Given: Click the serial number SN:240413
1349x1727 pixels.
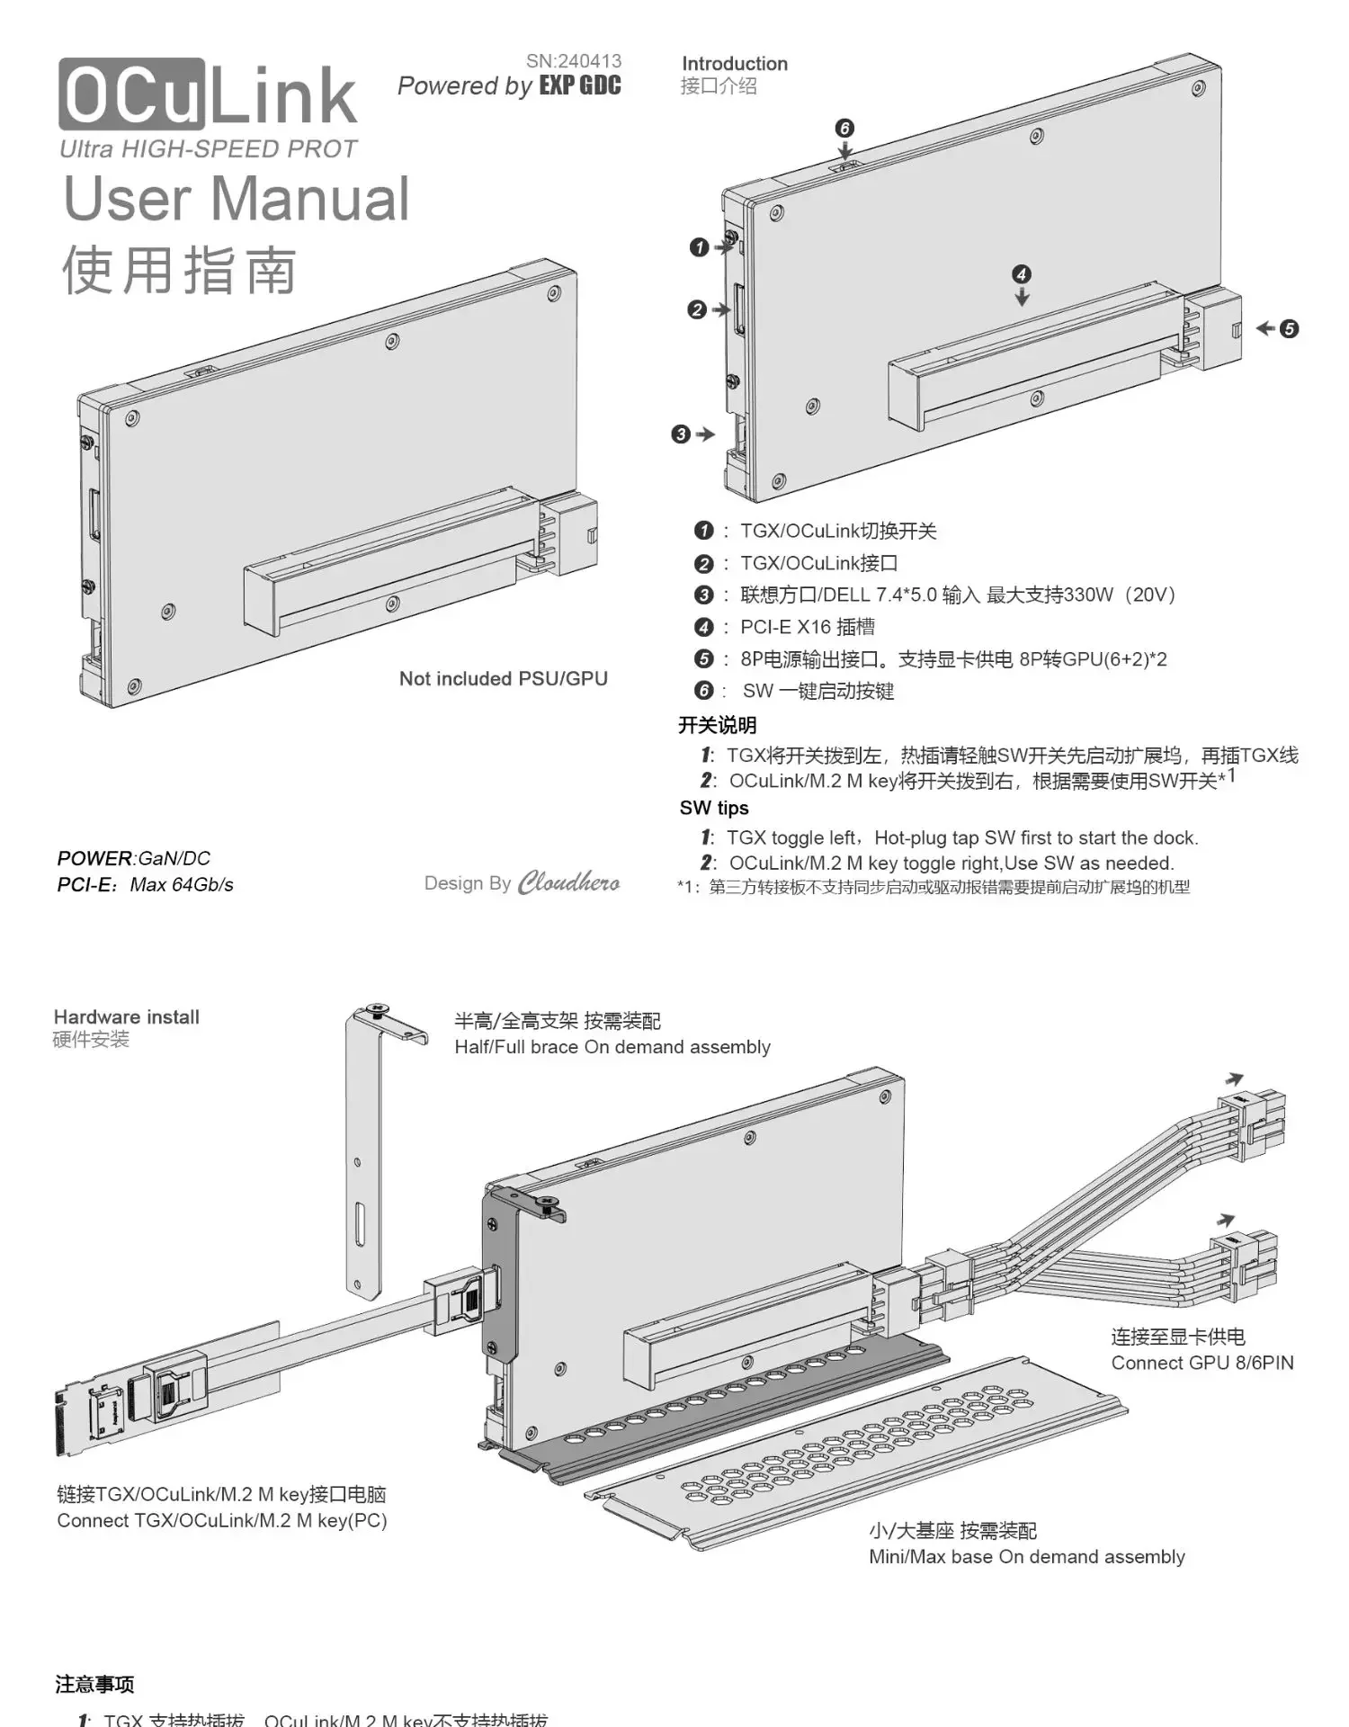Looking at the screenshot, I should (573, 61).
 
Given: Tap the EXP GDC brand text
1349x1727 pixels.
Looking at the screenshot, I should (580, 86).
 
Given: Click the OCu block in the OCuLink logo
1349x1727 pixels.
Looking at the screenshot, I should (131, 94).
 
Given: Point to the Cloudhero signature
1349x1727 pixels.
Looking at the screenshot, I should (568, 882).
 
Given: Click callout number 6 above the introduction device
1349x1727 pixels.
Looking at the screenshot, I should (844, 128).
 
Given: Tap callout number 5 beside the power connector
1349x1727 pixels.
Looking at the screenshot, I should (1289, 329).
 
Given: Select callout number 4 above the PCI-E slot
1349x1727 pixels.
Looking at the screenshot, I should (1021, 274).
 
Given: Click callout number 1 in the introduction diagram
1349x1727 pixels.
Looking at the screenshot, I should (699, 247).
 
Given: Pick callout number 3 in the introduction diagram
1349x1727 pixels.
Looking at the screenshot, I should (681, 434).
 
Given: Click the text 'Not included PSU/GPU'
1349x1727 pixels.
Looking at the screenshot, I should (503, 679).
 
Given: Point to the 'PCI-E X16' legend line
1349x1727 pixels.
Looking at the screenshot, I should (807, 627).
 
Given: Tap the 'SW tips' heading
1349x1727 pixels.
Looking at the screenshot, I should (714, 808).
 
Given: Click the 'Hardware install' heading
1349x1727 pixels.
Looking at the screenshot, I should (126, 1017).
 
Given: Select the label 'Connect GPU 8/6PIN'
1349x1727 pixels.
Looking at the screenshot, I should (1202, 1363).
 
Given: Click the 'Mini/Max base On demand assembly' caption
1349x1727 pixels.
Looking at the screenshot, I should (1026, 1557).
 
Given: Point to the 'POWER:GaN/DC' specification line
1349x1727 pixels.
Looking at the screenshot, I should (133, 858).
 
